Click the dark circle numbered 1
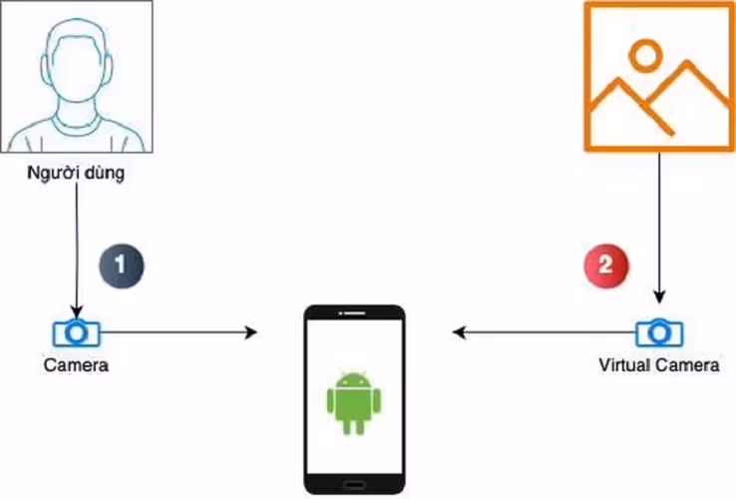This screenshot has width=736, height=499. [122, 265]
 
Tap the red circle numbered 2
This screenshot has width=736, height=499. [605, 265]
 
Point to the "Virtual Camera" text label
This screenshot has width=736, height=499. [658, 365]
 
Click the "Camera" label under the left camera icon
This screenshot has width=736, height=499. [76, 365]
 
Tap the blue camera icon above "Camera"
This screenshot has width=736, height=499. [76, 331]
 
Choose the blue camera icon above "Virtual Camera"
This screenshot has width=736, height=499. [658, 331]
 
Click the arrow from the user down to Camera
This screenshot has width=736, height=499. [77, 249]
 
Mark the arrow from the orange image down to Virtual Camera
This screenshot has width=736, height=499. [658, 230]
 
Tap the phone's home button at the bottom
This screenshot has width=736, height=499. [354, 484]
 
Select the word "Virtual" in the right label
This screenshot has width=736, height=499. [625, 365]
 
